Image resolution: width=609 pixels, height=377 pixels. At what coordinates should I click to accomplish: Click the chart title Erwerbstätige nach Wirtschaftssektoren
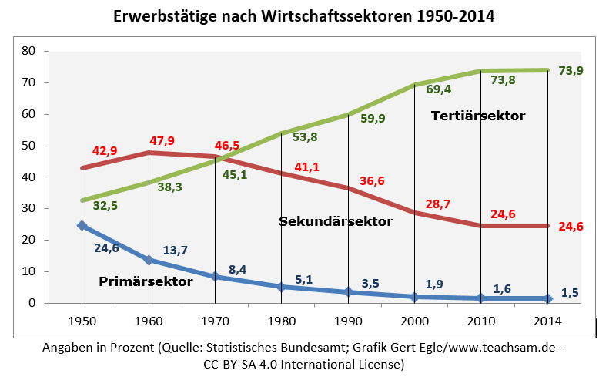point(305,16)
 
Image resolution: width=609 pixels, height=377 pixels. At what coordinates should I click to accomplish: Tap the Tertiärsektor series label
point(477,116)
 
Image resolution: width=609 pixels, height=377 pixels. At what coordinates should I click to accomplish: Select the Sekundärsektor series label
point(335,221)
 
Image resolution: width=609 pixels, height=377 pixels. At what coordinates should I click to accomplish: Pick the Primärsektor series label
point(146,281)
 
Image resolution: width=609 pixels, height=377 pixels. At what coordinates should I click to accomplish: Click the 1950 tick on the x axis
point(81,319)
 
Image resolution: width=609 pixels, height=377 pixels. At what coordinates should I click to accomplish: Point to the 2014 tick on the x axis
point(547,319)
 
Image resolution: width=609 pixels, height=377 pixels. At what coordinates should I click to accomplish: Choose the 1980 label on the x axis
point(281,319)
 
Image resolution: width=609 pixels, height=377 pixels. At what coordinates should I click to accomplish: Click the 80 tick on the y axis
point(29,51)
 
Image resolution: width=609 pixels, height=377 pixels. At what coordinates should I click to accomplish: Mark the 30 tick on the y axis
point(29,208)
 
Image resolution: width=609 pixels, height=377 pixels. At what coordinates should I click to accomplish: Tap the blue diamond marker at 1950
point(82,226)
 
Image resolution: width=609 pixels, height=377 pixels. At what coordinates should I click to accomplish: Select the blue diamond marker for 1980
point(282,287)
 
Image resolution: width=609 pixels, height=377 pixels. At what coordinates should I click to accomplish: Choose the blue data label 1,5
point(568,292)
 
